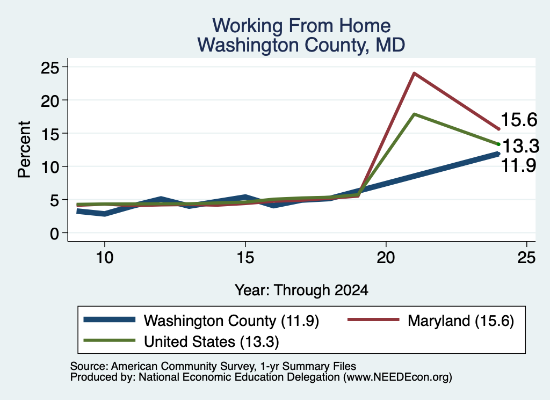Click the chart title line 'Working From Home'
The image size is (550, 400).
point(301,26)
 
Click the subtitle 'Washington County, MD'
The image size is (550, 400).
point(301,45)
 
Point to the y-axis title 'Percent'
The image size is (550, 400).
point(24,150)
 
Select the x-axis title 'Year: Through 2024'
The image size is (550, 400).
point(301,290)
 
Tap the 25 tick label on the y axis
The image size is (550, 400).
point(50,67)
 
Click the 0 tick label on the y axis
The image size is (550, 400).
point(54,233)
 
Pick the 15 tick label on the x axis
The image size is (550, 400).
point(245,258)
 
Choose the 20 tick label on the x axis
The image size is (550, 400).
point(386,258)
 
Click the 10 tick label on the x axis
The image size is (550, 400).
point(105,258)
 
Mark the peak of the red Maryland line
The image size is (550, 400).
point(414,73)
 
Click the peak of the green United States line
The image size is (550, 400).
point(414,114)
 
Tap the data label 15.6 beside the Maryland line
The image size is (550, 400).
point(519,120)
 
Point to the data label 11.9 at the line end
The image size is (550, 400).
point(518,165)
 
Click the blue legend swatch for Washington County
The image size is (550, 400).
point(110,319)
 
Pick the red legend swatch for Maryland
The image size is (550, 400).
point(373,319)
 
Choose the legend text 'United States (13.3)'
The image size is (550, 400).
point(212,342)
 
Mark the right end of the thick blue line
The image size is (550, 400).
point(498,154)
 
